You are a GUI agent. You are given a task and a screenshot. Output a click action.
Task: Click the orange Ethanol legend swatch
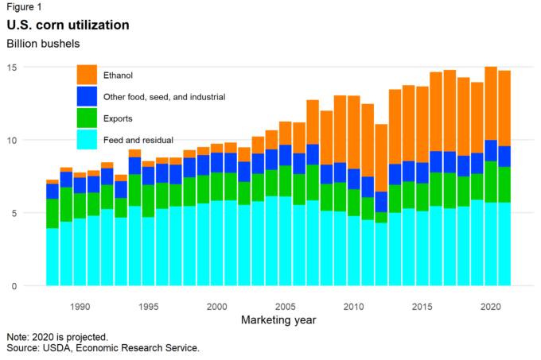(87, 75)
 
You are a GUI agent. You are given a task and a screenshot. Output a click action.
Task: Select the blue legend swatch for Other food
(87, 97)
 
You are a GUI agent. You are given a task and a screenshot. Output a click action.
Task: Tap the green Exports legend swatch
(87, 118)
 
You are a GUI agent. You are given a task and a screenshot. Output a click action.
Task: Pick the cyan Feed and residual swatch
(87, 140)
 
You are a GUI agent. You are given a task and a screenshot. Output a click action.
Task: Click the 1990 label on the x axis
(80, 306)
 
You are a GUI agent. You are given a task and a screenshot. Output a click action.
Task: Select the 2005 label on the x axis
(284, 306)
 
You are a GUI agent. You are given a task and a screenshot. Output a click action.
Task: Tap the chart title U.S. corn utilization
(68, 25)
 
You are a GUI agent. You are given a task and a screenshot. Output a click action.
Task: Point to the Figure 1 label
(25, 7)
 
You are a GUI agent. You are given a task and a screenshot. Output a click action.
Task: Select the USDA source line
(102, 348)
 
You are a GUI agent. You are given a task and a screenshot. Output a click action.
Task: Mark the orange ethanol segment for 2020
(490, 103)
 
